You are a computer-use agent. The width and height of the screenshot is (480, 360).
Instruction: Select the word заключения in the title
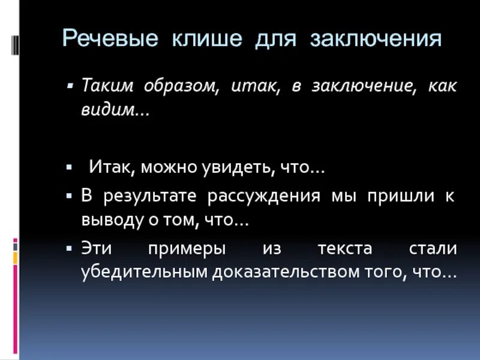click(376, 40)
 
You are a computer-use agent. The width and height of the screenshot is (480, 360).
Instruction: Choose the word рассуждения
click(263, 196)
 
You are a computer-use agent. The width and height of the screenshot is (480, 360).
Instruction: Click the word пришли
click(398, 196)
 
